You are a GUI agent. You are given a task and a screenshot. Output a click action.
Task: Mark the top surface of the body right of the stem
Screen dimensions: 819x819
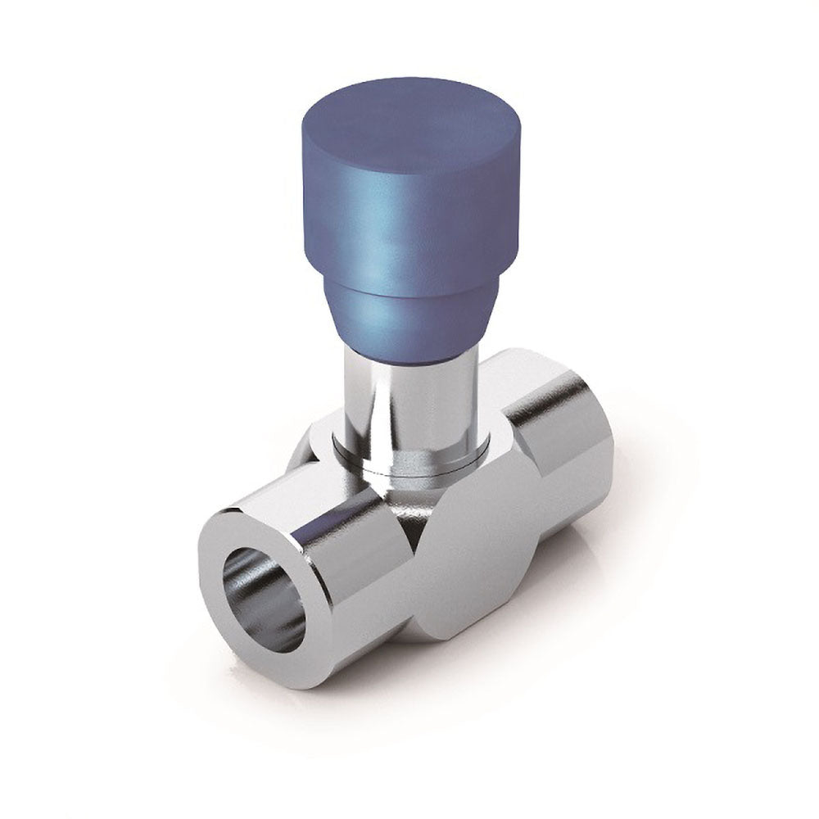(x=508, y=385)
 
